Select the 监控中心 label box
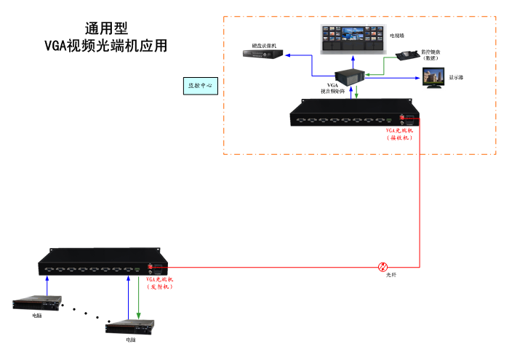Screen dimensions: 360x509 click(201, 85)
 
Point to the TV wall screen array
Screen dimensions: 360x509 click(352, 39)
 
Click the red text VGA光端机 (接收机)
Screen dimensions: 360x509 click(399, 133)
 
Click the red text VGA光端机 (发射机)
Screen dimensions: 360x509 click(160, 283)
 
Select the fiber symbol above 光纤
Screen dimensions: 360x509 click(384, 267)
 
